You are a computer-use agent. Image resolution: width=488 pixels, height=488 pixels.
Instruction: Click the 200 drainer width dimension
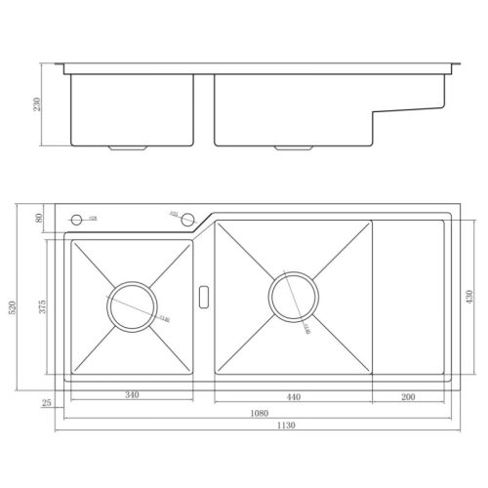[409, 395]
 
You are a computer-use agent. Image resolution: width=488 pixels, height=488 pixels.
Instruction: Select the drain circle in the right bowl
[292, 296]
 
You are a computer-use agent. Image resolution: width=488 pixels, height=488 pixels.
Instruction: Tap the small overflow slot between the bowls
[203, 294]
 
